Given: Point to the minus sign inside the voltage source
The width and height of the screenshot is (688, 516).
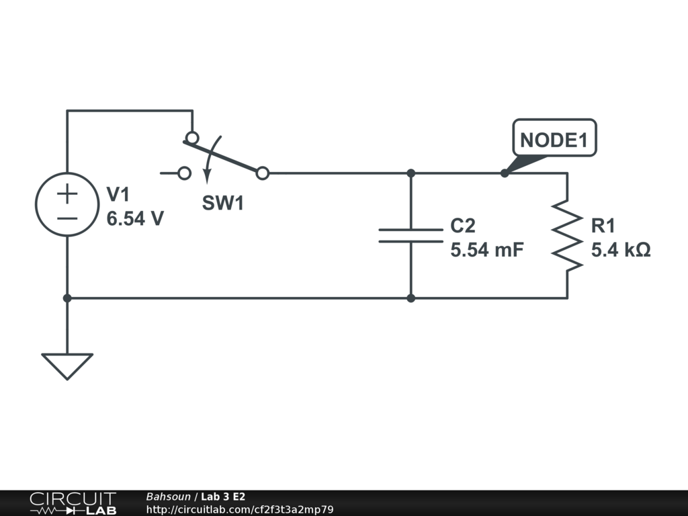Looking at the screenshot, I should tap(67, 218).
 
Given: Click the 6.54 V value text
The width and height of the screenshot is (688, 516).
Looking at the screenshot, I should tap(135, 219).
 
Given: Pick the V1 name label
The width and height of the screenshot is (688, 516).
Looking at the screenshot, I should tap(118, 195).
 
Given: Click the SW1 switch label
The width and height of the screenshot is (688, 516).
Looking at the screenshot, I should tap(223, 204).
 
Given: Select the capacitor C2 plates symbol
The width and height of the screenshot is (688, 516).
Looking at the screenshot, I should tap(411, 235).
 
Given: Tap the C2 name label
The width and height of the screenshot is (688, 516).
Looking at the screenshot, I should tap(463, 226).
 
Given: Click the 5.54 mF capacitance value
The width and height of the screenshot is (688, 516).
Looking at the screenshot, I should tap(486, 250).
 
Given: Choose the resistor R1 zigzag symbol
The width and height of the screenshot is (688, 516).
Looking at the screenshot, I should tap(567, 235).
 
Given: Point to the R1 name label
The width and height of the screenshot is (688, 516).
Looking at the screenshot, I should tap(603, 226).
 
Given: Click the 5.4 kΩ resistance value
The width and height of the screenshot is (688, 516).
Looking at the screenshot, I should tap(620, 250).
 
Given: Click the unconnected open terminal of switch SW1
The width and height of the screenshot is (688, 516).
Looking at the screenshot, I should tap(184, 173).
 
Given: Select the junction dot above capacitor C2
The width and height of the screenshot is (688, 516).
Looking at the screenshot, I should tap(411, 173).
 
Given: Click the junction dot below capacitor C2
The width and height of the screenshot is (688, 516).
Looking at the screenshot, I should tap(411, 298).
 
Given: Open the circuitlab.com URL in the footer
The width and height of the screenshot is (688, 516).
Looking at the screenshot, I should tap(240, 509).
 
